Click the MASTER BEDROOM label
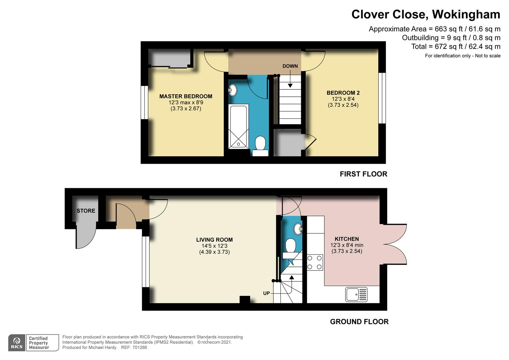point(186,96)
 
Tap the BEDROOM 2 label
point(343,93)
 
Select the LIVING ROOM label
point(214,240)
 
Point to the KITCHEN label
point(347,239)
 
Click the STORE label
point(86,211)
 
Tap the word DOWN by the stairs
point(290,66)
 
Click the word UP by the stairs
point(266,293)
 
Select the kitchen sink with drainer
point(356,295)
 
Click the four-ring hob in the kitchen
point(315,262)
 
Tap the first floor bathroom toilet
point(260,146)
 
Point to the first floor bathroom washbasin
point(233,90)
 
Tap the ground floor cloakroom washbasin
point(298,229)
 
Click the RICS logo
point(17,343)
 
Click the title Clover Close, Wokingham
point(426,15)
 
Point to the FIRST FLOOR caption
point(363,174)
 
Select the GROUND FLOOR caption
point(359,322)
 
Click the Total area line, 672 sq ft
point(456,47)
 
